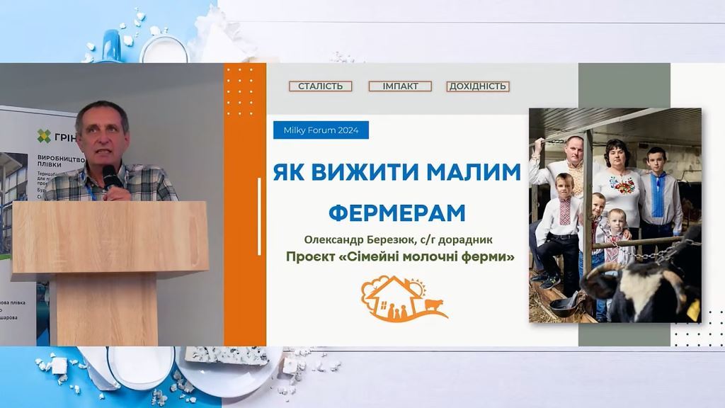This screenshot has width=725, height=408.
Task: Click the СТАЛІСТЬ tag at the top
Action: click(321, 86)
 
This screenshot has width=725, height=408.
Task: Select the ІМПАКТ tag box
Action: click(400, 86)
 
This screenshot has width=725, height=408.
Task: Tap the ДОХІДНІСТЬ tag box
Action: click(478, 86)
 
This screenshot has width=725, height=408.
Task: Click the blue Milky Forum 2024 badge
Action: click(321, 130)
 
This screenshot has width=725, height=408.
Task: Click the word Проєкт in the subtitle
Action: click(309, 256)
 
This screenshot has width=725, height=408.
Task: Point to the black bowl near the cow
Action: click(566, 307)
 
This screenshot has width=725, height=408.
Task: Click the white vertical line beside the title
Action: click(259, 206)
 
